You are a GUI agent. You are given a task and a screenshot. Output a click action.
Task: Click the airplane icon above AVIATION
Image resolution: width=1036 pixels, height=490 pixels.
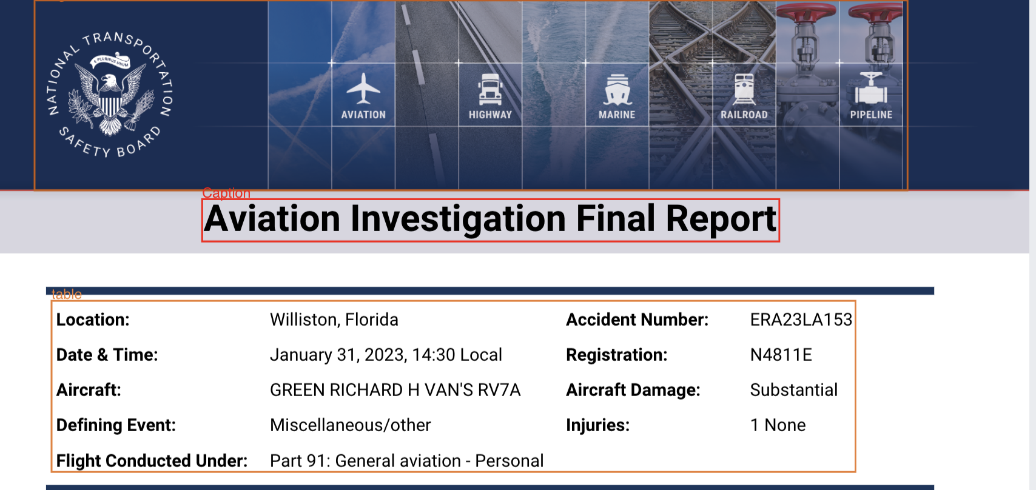click(x=363, y=89)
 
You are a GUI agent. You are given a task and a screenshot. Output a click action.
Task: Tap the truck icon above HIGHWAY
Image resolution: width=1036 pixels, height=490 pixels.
click(x=490, y=89)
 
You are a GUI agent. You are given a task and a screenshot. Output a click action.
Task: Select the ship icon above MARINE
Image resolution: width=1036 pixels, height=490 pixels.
click(x=617, y=90)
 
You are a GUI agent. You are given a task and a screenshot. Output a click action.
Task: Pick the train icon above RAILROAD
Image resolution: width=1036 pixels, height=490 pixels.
click(x=744, y=89)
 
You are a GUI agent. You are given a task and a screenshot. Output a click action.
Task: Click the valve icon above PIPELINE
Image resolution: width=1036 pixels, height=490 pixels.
click(x=871, y=89)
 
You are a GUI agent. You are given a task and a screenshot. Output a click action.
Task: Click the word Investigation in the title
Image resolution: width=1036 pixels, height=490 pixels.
click(x=458, y=219)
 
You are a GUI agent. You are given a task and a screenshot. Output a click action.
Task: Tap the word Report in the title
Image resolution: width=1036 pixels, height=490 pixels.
click(x=721, y=219)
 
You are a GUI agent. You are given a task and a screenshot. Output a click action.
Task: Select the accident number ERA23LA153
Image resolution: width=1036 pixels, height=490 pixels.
click(x=801, y=320)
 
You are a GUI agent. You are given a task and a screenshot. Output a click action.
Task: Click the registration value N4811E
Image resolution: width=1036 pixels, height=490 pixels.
click(x=781, y=355)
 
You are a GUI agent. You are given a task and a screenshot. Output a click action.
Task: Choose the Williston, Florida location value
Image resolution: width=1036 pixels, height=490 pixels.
click(x=334, y=320)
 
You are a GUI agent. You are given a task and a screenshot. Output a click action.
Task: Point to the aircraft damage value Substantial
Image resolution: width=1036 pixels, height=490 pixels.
click(x=793, y=390)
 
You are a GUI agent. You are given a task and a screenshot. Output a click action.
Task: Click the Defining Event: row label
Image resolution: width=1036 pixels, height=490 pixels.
click(x=116, y=425)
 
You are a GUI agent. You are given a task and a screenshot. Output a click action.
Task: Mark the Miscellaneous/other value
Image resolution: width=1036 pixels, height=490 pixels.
click(x=350, y=425)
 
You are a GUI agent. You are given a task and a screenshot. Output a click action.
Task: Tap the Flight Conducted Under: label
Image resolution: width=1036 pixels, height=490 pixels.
click(x=152, y=461)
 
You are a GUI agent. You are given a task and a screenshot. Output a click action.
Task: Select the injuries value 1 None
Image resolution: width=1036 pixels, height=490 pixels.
click(x=778, y=425)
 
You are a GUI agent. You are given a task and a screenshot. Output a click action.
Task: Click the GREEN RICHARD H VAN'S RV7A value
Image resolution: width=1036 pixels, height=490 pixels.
click(x=395, y=390)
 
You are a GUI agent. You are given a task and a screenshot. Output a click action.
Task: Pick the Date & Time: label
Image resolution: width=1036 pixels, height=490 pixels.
click(x=107, y=355)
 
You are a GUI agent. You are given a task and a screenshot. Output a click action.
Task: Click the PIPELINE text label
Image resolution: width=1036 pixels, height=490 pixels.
click(x=872, y=115)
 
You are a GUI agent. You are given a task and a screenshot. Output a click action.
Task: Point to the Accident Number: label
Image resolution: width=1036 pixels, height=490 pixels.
click(x=637, y=320)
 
